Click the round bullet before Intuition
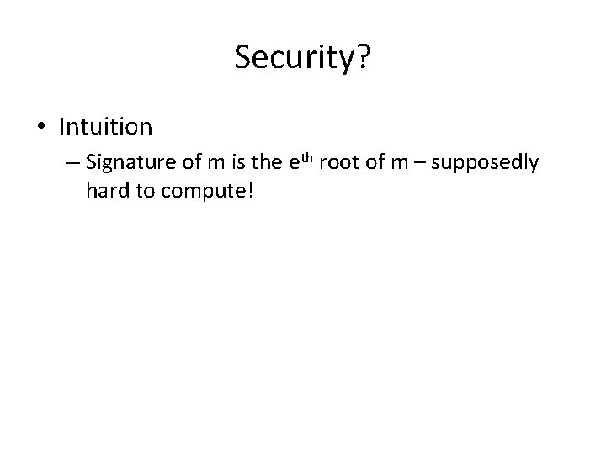point(43,127)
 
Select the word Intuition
point(106,127)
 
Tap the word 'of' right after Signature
point(185,162)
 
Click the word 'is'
point(237,162)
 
